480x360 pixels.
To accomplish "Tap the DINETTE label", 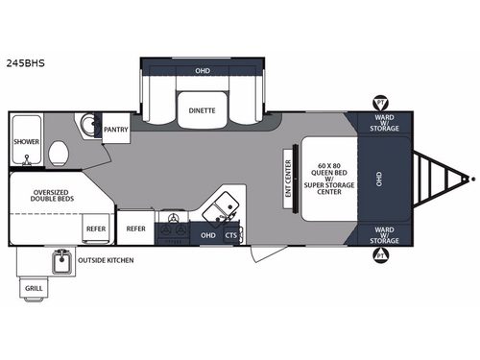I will click(x=202, y=111).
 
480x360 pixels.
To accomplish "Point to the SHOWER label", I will click(x=26, y=141).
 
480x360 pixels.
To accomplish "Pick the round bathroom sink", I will click(x=87, y=124).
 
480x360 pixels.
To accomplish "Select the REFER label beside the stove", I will click(x=135, y=228).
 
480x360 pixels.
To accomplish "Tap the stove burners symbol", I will click(x=173, y=227).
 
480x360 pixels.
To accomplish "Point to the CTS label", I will click(x=231, y=235).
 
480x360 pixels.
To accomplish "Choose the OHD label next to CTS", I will click(x=207, y=235).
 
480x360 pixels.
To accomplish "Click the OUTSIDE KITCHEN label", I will click(x=106, y=260).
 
